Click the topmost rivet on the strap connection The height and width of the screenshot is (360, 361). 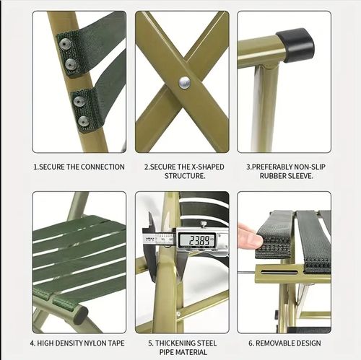(x=65, y=44)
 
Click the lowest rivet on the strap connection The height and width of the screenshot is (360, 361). (x=84, y=121)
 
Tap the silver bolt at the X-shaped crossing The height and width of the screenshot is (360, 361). (x=185, y=83)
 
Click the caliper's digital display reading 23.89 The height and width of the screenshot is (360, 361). (x=198, y=240)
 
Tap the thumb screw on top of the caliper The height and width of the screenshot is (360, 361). (x=204, y=224)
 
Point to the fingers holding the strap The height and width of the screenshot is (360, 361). (x=251, y=236)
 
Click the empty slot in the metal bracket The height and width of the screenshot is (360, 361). (x=279, y=272)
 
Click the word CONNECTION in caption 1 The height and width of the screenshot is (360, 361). (x=102, y=167)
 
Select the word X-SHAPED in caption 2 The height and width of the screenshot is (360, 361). (x=208, y=167)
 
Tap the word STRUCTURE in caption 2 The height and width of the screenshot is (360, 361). (x=184, y=176)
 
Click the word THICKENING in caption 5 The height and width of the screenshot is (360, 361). (x=175, y=343)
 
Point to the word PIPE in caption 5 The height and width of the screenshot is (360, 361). (x=166, y=352)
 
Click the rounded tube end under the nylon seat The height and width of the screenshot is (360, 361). (x=80, y=314)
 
